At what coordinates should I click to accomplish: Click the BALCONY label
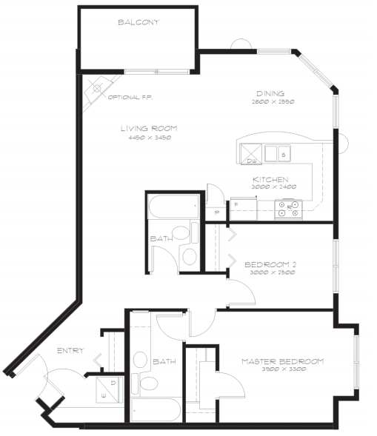pos(139,22)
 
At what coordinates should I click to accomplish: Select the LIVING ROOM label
pos(149,128)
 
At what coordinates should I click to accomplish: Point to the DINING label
pos(271,93)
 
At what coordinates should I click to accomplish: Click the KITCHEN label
pos(270,179)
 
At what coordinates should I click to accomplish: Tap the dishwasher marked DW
pos(250,153)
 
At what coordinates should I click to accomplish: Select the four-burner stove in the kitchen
pos(289,209)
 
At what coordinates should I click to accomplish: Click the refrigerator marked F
pos(240,209)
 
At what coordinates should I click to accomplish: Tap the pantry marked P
pos(216,212)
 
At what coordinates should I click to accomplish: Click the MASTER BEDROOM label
pos(282,361)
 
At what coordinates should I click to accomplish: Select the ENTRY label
pos(70,350)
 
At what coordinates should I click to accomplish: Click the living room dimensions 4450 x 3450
pos(149,138)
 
